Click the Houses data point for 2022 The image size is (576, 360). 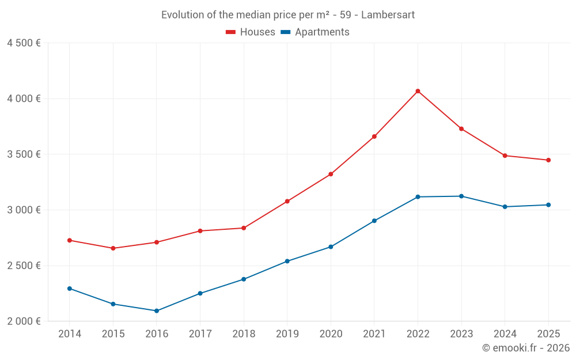(x=418, y=91)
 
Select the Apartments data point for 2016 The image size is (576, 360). (x=157, y=311)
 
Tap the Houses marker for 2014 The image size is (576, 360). (x=70, y=240)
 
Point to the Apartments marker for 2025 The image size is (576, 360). (x=548, y=205)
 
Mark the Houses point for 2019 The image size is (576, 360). (x=287, y=202)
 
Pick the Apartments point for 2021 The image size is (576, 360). (x=374, y=221)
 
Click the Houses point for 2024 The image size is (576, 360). (x=505, y=156)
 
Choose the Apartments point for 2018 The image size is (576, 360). (x=244, y=279)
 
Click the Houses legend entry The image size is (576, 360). (x=251, y=32)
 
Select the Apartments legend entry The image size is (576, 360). (x=315, y=32)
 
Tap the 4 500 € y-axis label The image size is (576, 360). (x=24, y=43)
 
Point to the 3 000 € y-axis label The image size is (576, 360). (x=24, y=210)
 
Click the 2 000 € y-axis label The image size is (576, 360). (x=24, y=321)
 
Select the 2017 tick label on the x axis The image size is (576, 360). (x=200, y=334)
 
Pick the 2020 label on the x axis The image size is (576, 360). (x=331, y=334)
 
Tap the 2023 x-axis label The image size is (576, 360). (x=461, y=334)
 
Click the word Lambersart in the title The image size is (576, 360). (x=388, y=15)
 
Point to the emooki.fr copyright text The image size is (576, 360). (x=525, y=348)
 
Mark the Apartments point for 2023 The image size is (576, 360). (x=461, y=196)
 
